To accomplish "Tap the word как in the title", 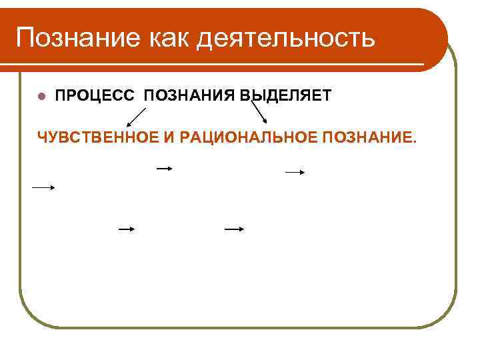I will [153, 37].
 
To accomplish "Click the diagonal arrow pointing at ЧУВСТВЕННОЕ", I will [137, 117].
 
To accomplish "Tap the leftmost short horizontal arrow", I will [43, 188].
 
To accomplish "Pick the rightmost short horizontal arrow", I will [295, 172].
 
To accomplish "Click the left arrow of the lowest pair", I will [127, 229].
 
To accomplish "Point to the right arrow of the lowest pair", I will [234, 229].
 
